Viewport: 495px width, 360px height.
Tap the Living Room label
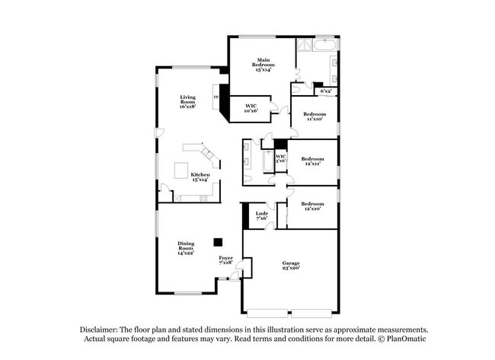(187, 101)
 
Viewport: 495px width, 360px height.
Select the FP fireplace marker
(216, 97)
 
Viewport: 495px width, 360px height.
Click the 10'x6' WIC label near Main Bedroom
(251, 108)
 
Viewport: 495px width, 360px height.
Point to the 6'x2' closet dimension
(325, 91)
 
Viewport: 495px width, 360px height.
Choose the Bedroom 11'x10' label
(315, 116)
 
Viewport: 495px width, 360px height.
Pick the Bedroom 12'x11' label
(312, 161)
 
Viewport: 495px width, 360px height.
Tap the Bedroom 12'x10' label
(312, 205)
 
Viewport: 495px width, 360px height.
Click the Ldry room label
(261, 215)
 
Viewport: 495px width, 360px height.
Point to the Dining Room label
(187, 247)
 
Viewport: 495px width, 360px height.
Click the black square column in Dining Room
(218, 242)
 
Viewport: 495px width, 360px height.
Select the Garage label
(290, 265)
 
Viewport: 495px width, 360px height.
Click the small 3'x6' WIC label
(280, 158)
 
